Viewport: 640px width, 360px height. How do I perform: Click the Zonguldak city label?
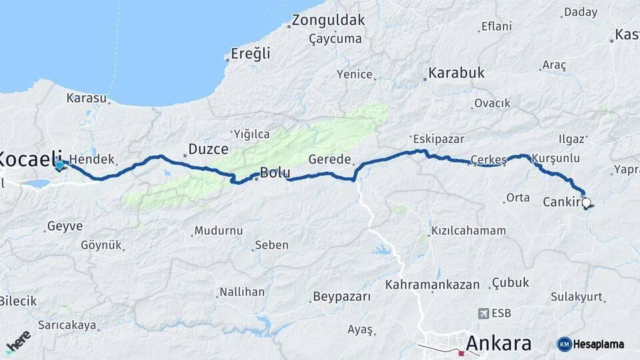coord(329,20)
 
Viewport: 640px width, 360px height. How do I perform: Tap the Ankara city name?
coord(499,343)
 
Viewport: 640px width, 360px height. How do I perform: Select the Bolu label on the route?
coord(274,173)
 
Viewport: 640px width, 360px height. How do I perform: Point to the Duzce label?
coord(209,149)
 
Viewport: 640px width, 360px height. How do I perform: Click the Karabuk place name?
coord(457,72)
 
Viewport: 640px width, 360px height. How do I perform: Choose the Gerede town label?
coord(329,159)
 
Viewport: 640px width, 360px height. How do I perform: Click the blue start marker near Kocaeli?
coord(59,165)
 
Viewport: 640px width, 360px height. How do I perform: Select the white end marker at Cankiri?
coord(586,201)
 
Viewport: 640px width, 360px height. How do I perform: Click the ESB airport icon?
coord(484,313)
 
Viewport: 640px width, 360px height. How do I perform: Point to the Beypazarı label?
coord(341,297)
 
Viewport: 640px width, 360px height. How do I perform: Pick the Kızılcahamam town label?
coord(469,231)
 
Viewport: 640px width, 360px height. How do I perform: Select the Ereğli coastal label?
coord(251,53)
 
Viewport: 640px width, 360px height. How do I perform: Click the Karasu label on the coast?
coord(87,98)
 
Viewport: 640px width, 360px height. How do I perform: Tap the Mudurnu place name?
coord(218,231)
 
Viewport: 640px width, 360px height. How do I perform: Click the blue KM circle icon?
coord(564,344)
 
